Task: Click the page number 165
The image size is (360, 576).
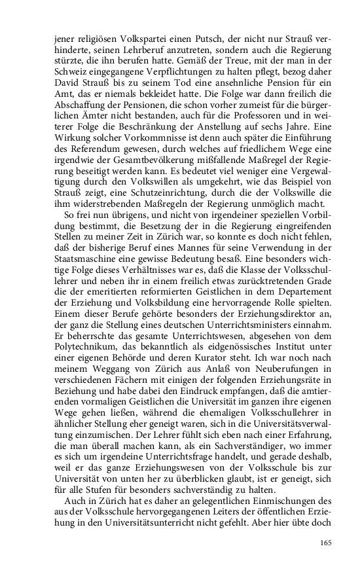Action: coord(325,542)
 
